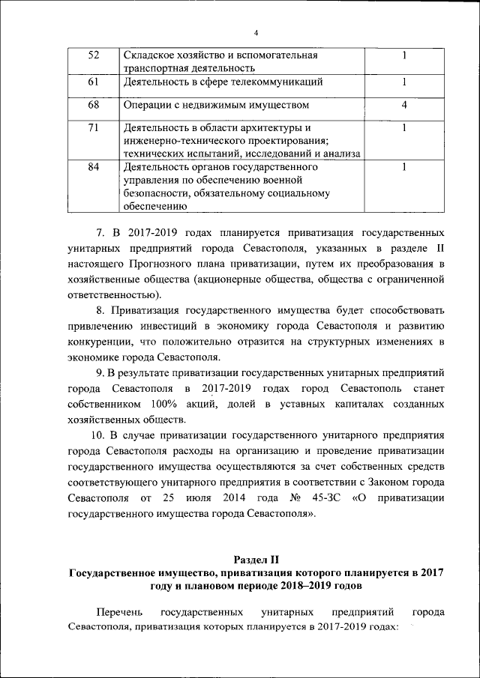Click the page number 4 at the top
pos(255,33)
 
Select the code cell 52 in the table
pos(94,55)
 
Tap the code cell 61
pos(94,82)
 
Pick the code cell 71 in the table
pos(94,127)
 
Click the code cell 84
pos(94,167)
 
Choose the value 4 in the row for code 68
pos(404,105)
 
